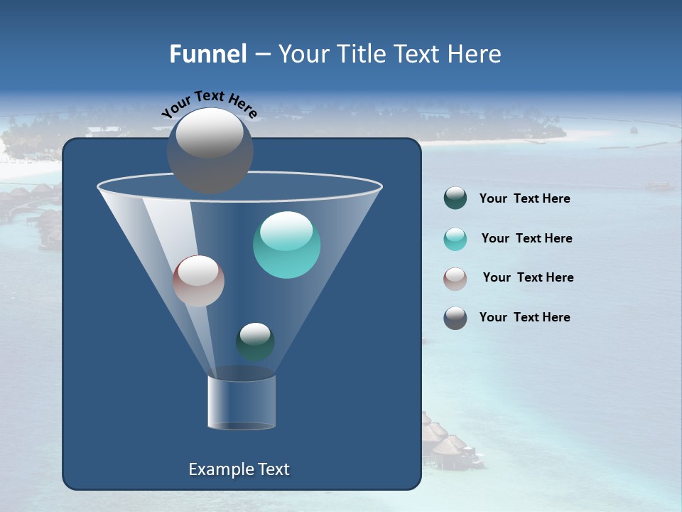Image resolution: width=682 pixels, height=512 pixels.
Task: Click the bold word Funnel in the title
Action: (207, 54)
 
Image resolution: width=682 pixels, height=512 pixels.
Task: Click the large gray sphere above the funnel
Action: (210, 151)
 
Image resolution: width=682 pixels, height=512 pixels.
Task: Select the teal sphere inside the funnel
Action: (286, 245)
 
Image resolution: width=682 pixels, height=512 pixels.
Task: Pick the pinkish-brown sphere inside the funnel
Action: (198, 281)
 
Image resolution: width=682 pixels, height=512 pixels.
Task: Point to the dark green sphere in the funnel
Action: (255, 341)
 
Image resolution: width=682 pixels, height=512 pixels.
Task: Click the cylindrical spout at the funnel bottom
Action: (242, 402)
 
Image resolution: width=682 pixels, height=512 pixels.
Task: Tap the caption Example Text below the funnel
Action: (239, 469)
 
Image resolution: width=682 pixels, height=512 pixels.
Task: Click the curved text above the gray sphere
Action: (209, 104)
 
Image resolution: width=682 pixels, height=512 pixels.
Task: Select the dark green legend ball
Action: (455, 198)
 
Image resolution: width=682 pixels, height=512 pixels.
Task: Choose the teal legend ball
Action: (455, 239)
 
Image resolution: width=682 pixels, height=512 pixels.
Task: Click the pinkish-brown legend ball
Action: (455, 278)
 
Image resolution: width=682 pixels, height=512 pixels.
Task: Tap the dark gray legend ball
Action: (455, 318)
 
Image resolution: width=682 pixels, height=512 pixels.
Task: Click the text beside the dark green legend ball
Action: (524, 199)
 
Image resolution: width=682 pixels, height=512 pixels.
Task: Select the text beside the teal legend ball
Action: (526, 239)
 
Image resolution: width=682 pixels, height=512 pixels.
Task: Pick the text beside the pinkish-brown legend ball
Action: (528, 278)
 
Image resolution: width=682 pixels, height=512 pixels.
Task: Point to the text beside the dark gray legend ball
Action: (524, 318)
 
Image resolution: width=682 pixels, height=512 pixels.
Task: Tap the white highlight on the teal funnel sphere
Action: (286, 230)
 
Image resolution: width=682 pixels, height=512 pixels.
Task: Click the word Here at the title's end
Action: (475, 54)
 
